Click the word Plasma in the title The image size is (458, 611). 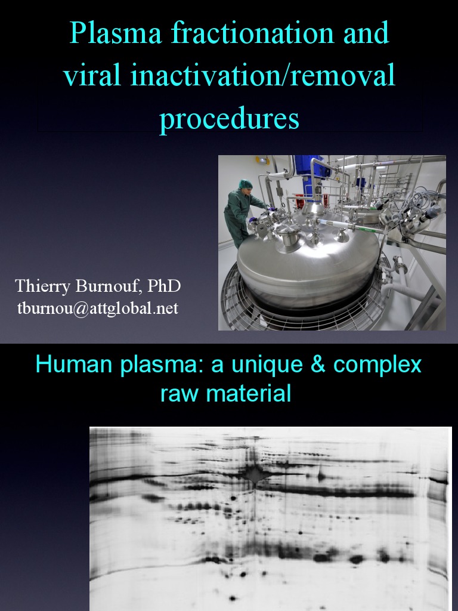pos(116,34)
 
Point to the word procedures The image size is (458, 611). pos(229,119)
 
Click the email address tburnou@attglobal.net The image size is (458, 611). pos(98,309)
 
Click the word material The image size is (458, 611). pos(252,394)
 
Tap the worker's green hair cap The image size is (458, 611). pos(246,184)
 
